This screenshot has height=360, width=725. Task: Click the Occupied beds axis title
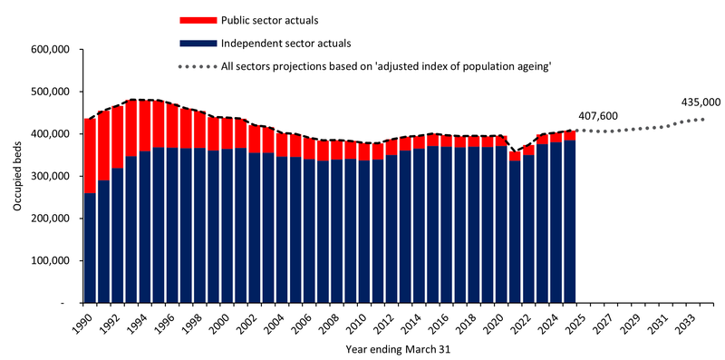point(17,176)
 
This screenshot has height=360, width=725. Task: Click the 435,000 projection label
point(701,102)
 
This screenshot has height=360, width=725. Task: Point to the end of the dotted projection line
point(704,119)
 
